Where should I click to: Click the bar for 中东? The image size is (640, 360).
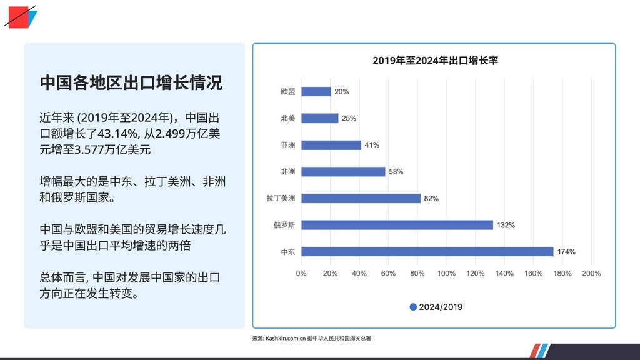click(x=427, y=252)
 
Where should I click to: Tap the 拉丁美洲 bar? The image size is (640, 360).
click(x=361, y=198)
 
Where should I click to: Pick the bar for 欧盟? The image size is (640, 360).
click(x=316, y=92)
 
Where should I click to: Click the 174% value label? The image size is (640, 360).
click(x=566, y=252)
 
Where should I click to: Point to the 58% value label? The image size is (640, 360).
click(x=396, y=172)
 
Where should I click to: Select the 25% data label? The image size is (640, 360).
click(x=349, y=119)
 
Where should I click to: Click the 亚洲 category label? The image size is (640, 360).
click(x=288, y=145)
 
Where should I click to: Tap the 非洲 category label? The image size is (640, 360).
click(x=288, y=172)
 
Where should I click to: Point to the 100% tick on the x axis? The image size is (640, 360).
click(x=446, y=274)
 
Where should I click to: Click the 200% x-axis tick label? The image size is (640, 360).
click(x=591, y=274)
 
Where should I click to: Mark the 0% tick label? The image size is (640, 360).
click(x=301, y=274)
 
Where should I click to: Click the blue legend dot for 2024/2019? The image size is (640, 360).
click(x=413, y=307)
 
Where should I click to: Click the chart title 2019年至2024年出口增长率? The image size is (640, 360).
click(x=434, y=61)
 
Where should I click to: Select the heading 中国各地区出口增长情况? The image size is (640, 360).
click(x=131, y=83)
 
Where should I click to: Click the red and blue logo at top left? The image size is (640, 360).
click(x=21, y=16)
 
